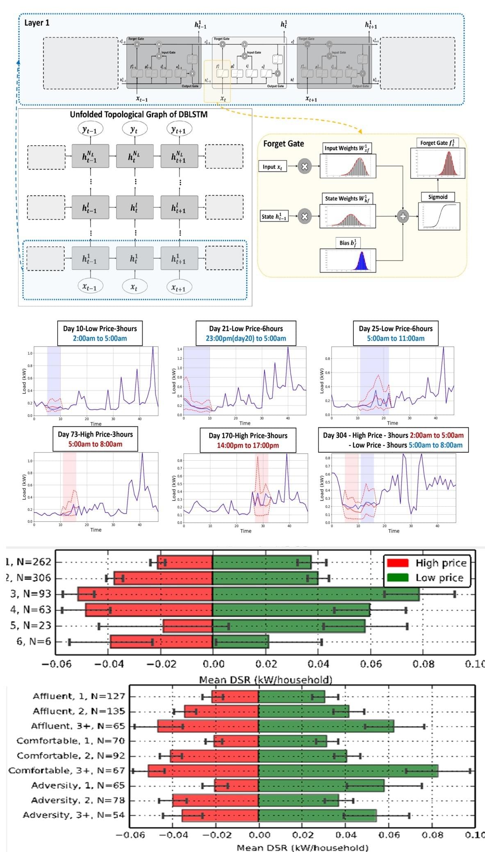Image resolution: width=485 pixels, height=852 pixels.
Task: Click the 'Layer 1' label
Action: pos(37,23)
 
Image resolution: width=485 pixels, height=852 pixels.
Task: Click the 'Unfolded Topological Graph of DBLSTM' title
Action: pos(139,114)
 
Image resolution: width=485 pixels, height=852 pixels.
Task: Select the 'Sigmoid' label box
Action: pos(437,197)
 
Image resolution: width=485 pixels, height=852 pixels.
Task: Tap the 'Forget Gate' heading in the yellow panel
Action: pos(283,144)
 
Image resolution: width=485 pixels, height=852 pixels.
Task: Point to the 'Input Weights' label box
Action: pos(347,148)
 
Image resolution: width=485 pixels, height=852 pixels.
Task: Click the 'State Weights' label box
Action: pos(347,199)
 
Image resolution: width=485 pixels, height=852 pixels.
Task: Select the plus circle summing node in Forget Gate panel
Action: pos(403,216)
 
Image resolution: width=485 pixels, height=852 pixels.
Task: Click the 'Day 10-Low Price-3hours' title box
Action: pos(100,333)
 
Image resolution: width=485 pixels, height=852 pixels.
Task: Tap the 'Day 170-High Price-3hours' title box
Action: pos(248,440)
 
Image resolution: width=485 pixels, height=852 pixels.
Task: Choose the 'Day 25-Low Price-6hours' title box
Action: pos(396,333)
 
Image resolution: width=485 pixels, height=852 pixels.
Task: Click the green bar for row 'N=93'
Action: pos(316,594)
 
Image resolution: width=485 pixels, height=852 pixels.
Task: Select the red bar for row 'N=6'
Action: pos(162,642)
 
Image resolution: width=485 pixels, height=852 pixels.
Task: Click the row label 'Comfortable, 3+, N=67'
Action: pos(66,770)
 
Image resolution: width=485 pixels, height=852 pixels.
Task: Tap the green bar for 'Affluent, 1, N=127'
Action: pos(291,696)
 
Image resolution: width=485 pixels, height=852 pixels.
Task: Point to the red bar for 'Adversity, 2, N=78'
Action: pos(215,800)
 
